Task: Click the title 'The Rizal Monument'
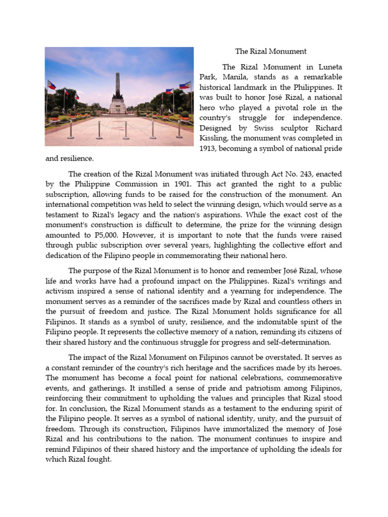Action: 271,51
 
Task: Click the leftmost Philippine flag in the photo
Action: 52,85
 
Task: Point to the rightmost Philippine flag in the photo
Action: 185,85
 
